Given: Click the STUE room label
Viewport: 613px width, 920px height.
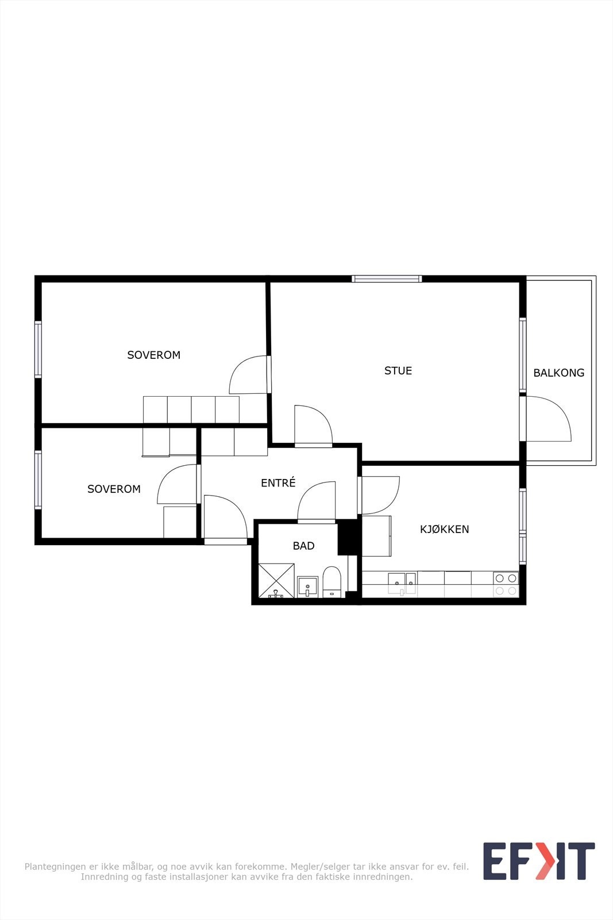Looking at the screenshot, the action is tap(398, 370).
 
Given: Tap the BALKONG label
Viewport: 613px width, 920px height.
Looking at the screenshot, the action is tap(559, 373).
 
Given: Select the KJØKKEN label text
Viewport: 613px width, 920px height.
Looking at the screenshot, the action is tap(444, 529).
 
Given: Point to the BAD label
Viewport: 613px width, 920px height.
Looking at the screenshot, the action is tap(304, 546).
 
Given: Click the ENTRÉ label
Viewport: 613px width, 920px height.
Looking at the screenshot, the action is tap(278, 482).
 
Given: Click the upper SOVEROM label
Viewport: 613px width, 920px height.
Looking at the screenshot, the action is tap(154, 355).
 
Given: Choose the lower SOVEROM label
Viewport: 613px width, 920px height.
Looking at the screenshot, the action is tap(114, 489).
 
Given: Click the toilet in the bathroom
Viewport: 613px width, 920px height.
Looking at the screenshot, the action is tap(331, 581).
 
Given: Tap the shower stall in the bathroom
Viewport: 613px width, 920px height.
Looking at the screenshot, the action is tap(276, 580).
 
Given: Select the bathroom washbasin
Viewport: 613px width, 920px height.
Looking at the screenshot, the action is tap(308, 586).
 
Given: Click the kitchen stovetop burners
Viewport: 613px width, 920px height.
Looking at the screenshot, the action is tap(506, 584).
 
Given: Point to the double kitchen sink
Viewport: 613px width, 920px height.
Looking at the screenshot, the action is tap(403, 581).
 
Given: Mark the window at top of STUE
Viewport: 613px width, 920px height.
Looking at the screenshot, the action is tap(387, 279).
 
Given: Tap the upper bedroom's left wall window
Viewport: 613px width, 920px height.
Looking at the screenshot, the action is tap(38, 350).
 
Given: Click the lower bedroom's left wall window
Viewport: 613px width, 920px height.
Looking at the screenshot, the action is tap(38, 480).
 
